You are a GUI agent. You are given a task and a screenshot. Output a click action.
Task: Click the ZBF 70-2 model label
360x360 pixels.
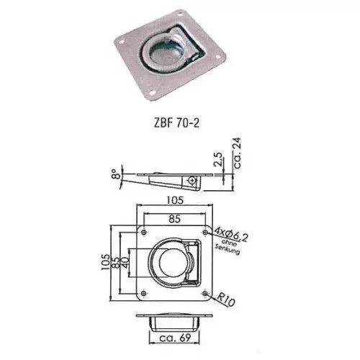[176, 123]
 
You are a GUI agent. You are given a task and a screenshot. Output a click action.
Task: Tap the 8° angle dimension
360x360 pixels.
[116, 174]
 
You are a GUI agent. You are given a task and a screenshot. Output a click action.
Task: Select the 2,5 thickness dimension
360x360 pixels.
[218, 159]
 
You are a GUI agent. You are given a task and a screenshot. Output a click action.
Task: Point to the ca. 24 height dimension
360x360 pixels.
[237, 153]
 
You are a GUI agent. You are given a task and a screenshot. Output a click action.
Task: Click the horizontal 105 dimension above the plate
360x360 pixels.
[175, 200]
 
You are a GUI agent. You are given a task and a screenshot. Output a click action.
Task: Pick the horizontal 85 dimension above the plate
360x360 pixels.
[174, 219]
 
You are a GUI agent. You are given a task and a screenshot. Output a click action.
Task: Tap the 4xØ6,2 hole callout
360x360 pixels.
[231, 234]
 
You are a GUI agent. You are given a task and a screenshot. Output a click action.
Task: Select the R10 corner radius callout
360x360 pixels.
[226, 300]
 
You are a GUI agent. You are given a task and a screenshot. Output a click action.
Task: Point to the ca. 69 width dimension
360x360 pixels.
[175, 338]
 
